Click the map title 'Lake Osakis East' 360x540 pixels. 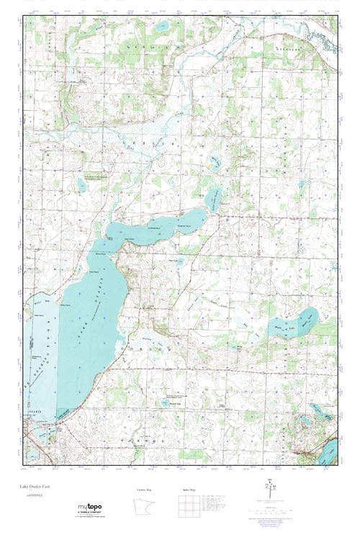click(x=35, y=487)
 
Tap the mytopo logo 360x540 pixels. click(x=89, y=508)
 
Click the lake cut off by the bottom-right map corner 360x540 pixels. click(x=328, y=452)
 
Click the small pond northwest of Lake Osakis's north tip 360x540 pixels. click(x=81, y=185)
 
